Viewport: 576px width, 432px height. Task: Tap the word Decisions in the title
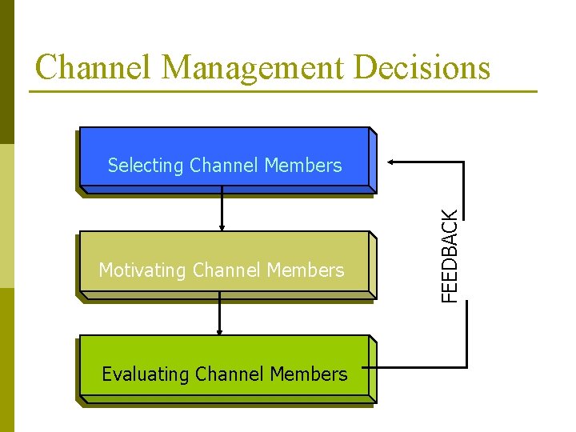(x=421, y=67)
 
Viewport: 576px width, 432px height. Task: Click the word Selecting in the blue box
(x=146, y=166)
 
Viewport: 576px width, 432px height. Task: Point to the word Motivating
(x=142, y=271)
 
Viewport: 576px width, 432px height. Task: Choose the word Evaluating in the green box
(x=145, y=374)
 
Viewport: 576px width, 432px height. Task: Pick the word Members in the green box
(x=309, y=374)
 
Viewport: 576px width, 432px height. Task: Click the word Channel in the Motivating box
(x=228, y=270)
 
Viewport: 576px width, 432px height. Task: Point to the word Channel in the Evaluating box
(x=232, y=374)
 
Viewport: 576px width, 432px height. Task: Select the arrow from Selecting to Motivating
(x=222, y=212)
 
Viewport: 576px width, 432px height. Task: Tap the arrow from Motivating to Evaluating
(x=219, y=314)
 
